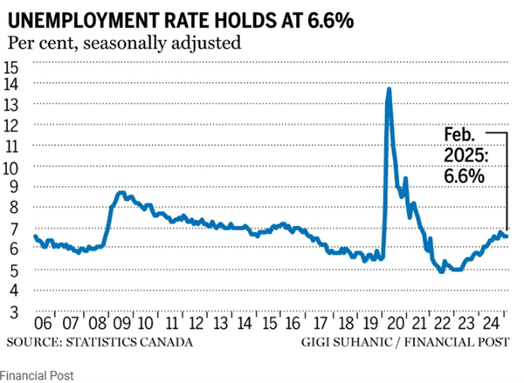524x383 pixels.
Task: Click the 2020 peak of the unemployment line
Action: [389, 89]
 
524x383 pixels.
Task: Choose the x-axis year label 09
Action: [123, 322]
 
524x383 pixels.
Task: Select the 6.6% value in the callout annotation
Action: [464, 175]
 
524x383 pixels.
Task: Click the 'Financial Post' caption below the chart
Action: [37, 375]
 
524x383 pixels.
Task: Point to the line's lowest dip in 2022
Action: [442, 270]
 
